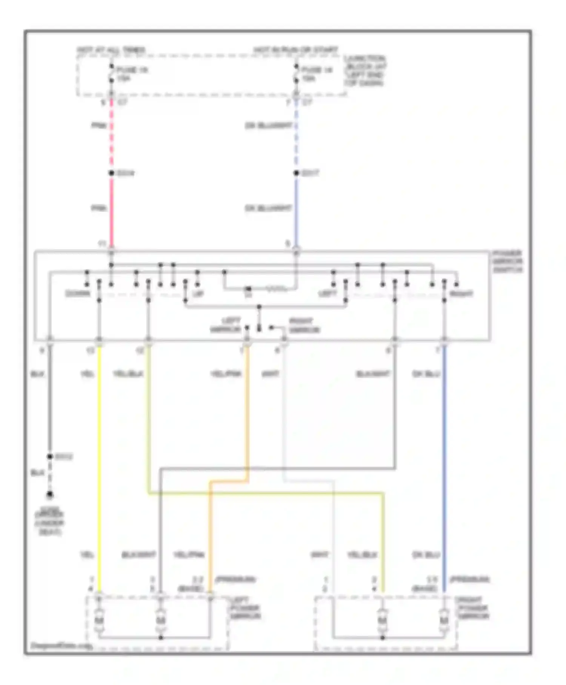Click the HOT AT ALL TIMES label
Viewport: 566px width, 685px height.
pos(111,50)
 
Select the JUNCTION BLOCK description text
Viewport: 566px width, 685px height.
pos(365,71)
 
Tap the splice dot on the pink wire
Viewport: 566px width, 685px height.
pos(111,173)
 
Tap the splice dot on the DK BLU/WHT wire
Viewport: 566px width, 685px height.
pos(296,173)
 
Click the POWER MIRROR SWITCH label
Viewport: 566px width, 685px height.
pos(508,261)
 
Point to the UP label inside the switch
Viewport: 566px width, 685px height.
pos(198,294)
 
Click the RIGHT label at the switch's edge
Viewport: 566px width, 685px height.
pos(461,294)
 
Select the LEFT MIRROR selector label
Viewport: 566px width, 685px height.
pos(226,325)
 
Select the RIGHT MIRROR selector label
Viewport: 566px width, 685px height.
pos(304,325)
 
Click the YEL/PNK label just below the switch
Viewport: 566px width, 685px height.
pos(226,374)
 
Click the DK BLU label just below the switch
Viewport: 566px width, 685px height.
pos(426,374)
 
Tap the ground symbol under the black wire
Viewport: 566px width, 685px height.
pos(50,495)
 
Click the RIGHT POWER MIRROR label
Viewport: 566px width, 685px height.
pos(473,608)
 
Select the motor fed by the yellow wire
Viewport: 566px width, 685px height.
pos(99,620)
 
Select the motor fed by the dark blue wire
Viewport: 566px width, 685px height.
pos(444,620)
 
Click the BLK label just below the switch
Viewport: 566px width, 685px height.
pos(37,374)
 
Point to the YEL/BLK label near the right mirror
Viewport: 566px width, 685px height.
pos(362,555)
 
